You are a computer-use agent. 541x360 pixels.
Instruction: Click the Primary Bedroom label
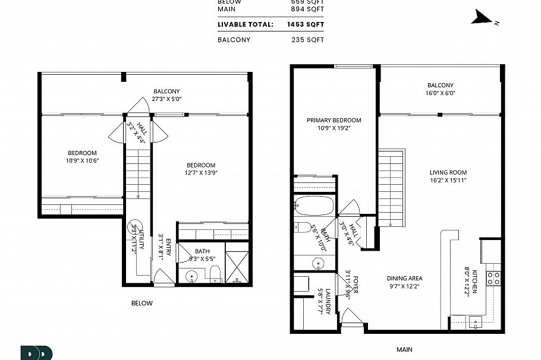(334, 120)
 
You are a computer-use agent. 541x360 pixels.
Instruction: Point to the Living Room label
(448, 173)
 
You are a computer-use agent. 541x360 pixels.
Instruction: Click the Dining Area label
(404, 278)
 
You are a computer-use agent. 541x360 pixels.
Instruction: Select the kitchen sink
(474, 323)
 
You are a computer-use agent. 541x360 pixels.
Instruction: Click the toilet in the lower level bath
(216, 274)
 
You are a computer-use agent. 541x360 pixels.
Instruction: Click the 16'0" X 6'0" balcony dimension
(440, 93)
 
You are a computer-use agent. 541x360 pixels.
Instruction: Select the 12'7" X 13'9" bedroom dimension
(201, 173)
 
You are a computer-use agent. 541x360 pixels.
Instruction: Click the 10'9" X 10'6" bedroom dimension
(82, 160)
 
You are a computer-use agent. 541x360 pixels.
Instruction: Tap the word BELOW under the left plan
(142, 303)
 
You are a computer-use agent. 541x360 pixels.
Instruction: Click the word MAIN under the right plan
(404, 349)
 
